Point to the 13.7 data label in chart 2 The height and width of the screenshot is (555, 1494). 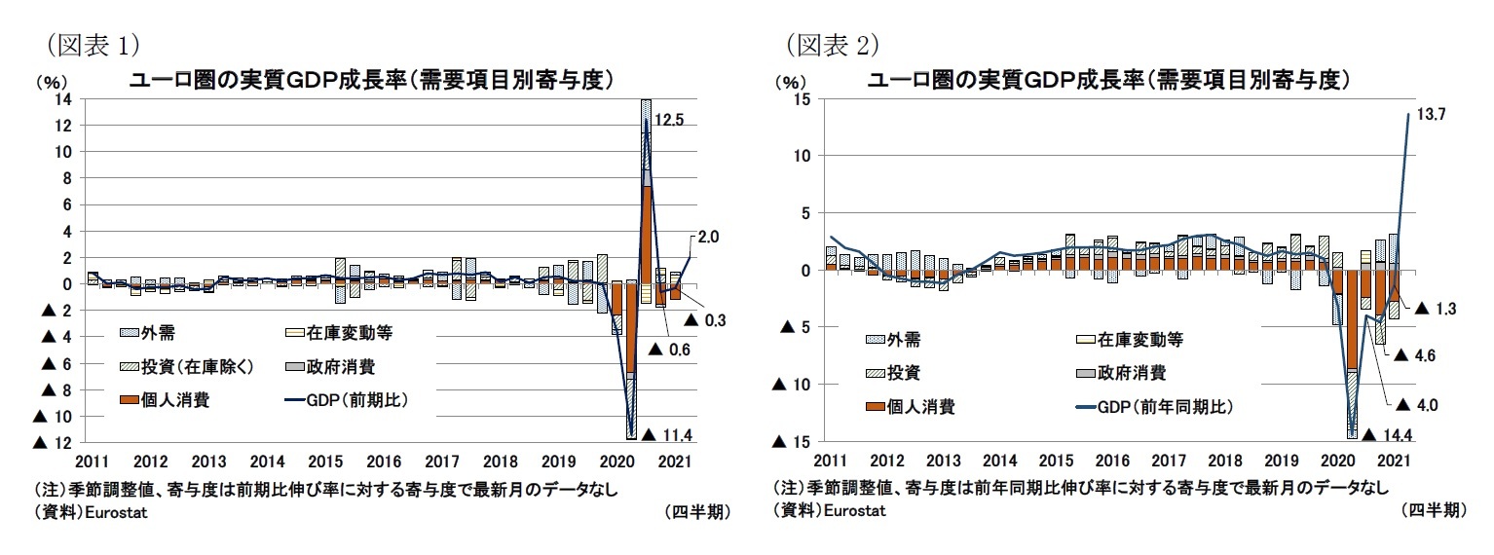[x=1431, y=114]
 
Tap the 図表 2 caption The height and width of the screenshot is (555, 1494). [x=834, y=44]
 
